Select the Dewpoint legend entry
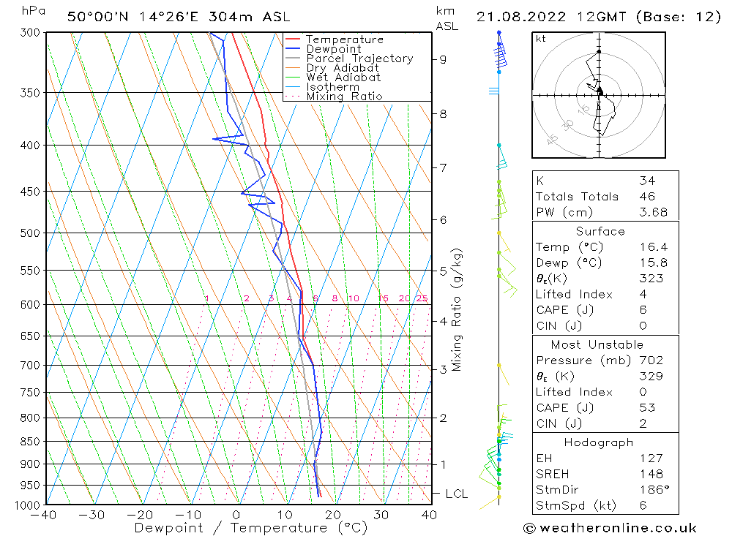333,49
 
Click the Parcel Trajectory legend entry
359,58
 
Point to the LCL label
456,494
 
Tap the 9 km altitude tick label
444,59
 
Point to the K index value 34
647,181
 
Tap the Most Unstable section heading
597,344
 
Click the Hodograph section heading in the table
599,442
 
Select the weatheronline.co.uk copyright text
610,527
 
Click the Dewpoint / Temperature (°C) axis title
250,528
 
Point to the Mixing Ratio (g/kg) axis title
457,310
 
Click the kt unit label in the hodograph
541,39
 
